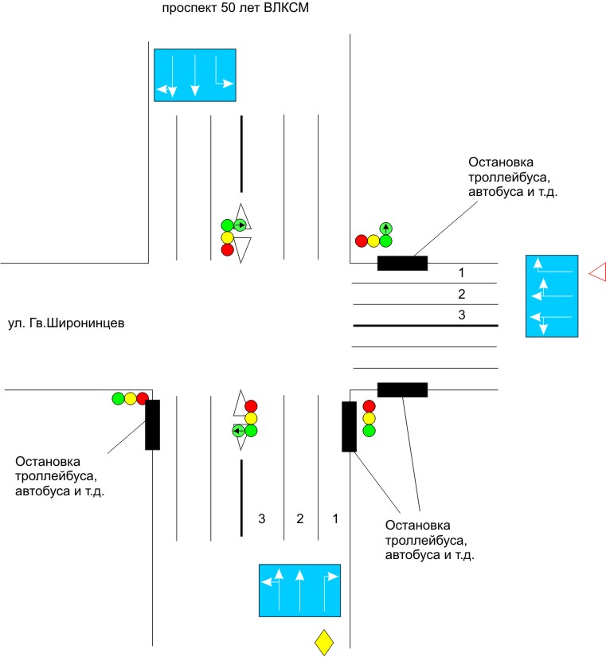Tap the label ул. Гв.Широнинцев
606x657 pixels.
65,323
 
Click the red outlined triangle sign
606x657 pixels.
598,272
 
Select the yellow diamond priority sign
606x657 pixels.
324,642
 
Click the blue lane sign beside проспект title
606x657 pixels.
195,75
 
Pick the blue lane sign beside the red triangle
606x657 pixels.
552,295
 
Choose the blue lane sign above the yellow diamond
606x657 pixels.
299,590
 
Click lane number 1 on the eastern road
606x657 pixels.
460,273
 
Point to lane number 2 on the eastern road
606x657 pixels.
460,295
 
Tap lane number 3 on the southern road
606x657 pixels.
262,518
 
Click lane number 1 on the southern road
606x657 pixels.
335,518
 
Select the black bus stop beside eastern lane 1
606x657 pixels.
402,264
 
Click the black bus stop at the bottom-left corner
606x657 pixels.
152,424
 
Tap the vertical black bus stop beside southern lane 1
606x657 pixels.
349,427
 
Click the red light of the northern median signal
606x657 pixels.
227,250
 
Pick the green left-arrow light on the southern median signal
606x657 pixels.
238,431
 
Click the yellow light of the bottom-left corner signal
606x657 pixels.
131,397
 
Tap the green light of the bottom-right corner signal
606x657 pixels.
369,431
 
